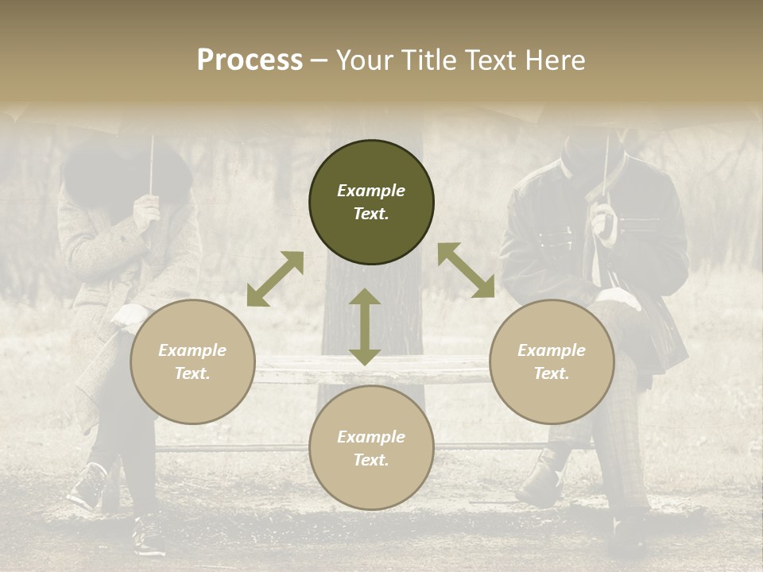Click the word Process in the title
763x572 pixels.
click(250, 60)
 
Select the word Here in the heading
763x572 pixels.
click(556, 60)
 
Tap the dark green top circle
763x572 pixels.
click(371, 203)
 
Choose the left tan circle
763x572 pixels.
click(192, 362)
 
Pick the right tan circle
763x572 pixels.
click(552, 362)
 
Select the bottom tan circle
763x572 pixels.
click(371, 448)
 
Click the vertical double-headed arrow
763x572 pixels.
click(365, 327)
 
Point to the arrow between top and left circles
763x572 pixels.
click(275, 278)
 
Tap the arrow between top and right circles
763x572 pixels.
click(466, 270)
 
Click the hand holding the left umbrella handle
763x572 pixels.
click(146, 210)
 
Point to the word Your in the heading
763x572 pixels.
click(365, 60)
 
